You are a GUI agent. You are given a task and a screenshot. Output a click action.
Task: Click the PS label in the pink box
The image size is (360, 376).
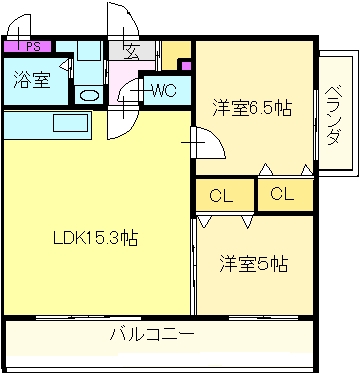pyautogui.click(x=33, y=47)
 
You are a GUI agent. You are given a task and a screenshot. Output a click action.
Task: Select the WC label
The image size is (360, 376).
pyautogui.click(x=164, y=90)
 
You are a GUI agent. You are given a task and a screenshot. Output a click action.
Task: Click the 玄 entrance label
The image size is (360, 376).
pyautogui.click(x=131, y=52)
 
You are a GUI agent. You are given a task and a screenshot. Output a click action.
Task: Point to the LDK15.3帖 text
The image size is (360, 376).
pyautogui.click(x=96, y=238)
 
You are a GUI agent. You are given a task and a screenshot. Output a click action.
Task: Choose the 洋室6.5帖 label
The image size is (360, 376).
pyautogui.click(x=252, y=108)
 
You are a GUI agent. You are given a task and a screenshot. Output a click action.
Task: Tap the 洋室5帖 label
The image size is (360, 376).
pyautogui.click(x=253, y=263)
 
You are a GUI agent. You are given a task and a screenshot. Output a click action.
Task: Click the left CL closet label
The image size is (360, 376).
pyautogui.click(x=221, y=195)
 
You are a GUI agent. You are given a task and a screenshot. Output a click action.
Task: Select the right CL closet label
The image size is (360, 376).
pyautogui.click(x=282, y=193)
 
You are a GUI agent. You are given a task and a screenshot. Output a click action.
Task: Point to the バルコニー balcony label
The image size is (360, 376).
pyautogui.click(x=152, y=334)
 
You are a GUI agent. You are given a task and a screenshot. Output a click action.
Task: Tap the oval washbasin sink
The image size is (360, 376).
pyautogui.click(x=89, y=96)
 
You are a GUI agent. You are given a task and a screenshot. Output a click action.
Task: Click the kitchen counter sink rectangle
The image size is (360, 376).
pyautogui.click(x=72, y=122)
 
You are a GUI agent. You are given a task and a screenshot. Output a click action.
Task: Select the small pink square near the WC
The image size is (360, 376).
pyautogui.click(x=186, y=65)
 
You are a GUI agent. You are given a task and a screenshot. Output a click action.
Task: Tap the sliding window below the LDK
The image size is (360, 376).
pyautogui.click(x=88, y=318)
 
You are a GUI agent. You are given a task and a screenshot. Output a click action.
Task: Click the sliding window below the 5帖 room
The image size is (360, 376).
pyautogui.click(x=263, y=318)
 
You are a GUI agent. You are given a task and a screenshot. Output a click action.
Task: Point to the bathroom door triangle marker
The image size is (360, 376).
pyautogui.click(x=65, y=65)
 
